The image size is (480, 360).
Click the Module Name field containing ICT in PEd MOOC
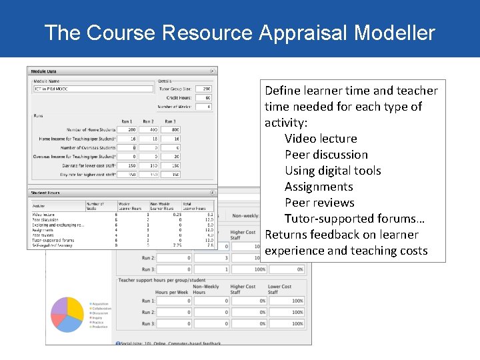[93, 89]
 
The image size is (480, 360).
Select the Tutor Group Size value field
[204, 89]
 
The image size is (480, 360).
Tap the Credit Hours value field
[204, 97]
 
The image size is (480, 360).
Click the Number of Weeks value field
[204, 107]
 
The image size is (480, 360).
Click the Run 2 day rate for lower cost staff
[149, 165]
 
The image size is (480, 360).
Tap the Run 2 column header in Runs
[149, 121]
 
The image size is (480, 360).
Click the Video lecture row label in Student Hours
[44, 215]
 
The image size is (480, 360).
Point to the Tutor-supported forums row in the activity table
[53, 241]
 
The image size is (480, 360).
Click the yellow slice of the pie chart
[75, 309]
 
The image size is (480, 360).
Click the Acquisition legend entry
[101, 304]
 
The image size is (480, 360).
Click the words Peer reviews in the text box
[319, 203]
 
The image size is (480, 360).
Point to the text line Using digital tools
[333, 171]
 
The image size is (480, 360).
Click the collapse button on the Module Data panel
[213, 71]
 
